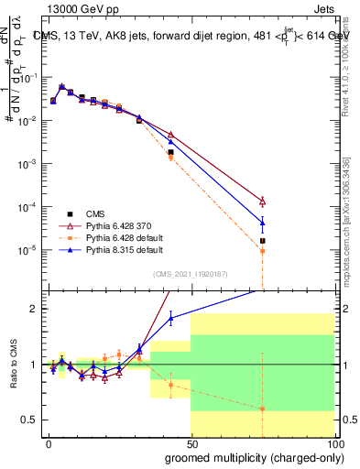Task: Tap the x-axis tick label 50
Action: (x=191, y=442)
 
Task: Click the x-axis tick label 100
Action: (x=333, y=442)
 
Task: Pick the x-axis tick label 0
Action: (x=49, y=442)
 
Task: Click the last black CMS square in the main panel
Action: (x=263, y=241)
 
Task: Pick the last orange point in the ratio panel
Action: (x=263, y=409)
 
